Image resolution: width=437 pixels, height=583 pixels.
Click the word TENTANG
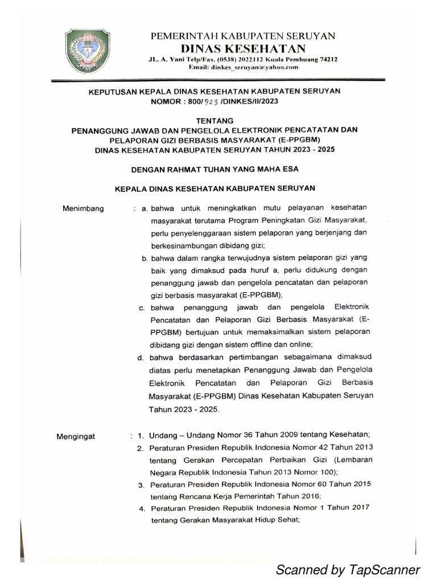coord(214,121)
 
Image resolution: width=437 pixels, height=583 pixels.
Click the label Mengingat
coord(77,437)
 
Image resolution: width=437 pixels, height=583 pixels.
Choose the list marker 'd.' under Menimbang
coord(140,358)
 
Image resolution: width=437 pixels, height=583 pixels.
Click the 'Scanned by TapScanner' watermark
coord(348,569)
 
